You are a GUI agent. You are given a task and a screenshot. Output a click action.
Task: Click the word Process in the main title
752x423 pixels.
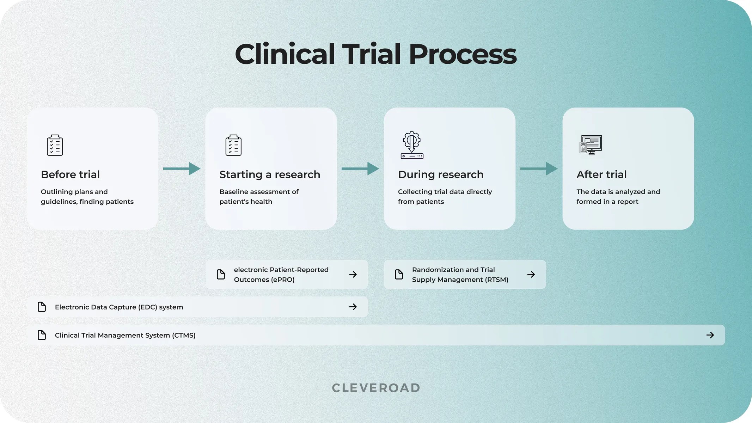coord(463,54)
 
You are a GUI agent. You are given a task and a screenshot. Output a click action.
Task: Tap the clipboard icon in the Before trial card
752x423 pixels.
coord(55,145)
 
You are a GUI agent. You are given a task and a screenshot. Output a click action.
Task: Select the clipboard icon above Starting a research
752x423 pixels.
coord(233,145)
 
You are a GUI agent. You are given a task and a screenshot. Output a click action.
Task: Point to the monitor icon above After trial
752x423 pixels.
coord(591,145)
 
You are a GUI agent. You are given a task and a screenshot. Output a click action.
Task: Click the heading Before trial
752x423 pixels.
coord(70,174)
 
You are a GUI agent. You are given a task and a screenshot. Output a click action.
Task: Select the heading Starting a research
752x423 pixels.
coord(270,174)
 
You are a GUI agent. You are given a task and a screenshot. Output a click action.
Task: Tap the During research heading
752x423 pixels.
coord(441,174)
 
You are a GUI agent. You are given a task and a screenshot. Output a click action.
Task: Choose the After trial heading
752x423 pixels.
coord(601,174)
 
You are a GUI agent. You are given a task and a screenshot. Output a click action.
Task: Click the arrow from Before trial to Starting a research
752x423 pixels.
coord(182,169)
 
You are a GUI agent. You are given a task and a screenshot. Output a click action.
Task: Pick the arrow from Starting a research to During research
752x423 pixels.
coord(360,169)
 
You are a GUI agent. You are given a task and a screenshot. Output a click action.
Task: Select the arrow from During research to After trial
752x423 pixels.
coord(539,169)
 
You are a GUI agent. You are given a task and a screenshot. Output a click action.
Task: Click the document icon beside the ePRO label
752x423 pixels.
coord(221,274)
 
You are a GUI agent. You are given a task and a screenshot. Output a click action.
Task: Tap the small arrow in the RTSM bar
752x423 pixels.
coord(531,274)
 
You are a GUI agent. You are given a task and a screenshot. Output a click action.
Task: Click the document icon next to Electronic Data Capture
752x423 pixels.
coord(42,307)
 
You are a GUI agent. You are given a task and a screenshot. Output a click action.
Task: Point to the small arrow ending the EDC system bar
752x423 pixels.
coord(353,307)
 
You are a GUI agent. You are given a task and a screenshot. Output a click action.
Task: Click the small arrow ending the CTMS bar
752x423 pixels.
coord(710,335)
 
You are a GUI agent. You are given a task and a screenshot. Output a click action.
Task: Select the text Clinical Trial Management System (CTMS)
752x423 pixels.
coord(125,335)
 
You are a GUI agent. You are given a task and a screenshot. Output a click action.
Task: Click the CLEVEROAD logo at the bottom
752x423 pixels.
coord(376,388)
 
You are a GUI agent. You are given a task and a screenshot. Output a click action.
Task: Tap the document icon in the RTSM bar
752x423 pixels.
coord(399,274)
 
